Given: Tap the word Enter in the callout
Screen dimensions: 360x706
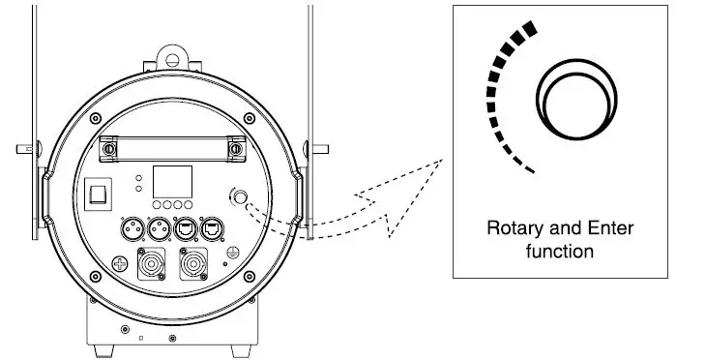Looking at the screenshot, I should [x=596, y=230].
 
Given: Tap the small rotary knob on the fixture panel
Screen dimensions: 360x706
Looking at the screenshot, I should [x=239, y=198].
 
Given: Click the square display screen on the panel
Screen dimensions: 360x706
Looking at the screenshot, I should [x=173, y=182].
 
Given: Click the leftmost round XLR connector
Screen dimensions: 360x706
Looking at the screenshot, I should [x=129, y=230].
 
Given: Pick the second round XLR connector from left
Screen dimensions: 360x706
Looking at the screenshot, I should [x=155, y=230].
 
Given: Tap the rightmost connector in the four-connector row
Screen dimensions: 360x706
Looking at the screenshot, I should [x=210, y=230].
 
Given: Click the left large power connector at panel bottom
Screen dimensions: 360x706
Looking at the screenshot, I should [x=153, y=263].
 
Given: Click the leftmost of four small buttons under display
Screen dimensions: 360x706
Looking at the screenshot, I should [x=157, y=206].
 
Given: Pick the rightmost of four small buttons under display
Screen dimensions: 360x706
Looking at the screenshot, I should [x=189, y=206].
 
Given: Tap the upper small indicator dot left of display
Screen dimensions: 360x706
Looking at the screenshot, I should [x=140, y=178].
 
